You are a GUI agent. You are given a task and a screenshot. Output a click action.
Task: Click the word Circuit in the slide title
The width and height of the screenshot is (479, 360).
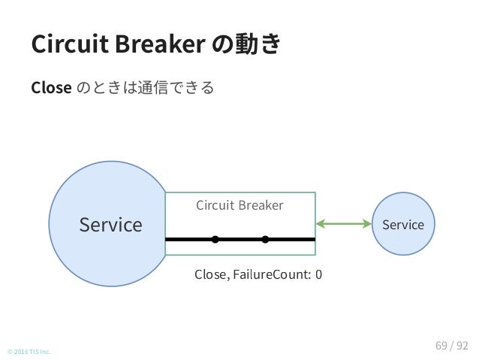point(70,44)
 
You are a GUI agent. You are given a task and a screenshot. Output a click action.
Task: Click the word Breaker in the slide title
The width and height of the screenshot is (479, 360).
point(161,44)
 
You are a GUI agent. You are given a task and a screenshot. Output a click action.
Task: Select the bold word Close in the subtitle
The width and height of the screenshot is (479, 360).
point(51,88)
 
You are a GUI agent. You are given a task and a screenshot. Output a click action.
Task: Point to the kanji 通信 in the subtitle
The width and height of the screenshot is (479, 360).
point(152,87)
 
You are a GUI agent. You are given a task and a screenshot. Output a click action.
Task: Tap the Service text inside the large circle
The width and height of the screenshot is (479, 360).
point(110,225)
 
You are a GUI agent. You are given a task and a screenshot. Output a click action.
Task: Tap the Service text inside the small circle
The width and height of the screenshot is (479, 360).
point(403,225)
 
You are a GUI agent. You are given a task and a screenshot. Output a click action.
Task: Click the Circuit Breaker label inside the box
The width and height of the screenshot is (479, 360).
point(239,205)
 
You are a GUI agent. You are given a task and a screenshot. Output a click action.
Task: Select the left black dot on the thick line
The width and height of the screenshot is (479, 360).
point(215,239)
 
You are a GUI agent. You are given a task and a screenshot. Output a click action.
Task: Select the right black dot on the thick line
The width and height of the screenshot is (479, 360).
point(266,239)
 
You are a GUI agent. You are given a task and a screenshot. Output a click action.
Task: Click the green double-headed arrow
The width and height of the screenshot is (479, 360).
point(344,223)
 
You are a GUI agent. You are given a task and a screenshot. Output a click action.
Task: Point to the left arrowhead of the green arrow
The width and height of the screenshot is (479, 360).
point(320,223)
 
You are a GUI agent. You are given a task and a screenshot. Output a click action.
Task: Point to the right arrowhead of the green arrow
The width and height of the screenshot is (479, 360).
point(367,223)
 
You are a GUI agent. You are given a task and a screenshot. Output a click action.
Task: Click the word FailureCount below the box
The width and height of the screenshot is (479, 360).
point(272,274)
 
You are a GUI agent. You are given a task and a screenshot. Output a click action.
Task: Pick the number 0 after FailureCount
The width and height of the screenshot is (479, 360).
point(318,274)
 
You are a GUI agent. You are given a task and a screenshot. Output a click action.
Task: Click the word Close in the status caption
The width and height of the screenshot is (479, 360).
point(210,274)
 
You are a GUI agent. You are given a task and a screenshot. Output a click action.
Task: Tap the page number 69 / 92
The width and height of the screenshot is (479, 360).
point(452,346)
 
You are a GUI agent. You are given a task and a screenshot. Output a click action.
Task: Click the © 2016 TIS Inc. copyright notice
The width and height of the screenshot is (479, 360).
point(29,352)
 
